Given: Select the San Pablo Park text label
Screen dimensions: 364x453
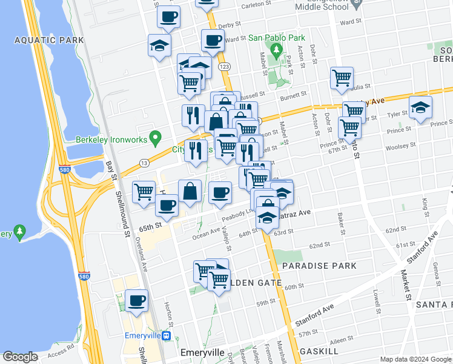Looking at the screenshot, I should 277,38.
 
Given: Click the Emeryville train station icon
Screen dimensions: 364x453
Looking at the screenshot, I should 173,335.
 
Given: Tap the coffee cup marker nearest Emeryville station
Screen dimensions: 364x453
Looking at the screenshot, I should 136,301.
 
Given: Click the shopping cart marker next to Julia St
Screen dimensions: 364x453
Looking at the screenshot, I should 342,78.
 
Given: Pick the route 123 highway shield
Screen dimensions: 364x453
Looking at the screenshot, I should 225,66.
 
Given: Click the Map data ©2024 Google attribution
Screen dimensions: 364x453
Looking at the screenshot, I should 415,359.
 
